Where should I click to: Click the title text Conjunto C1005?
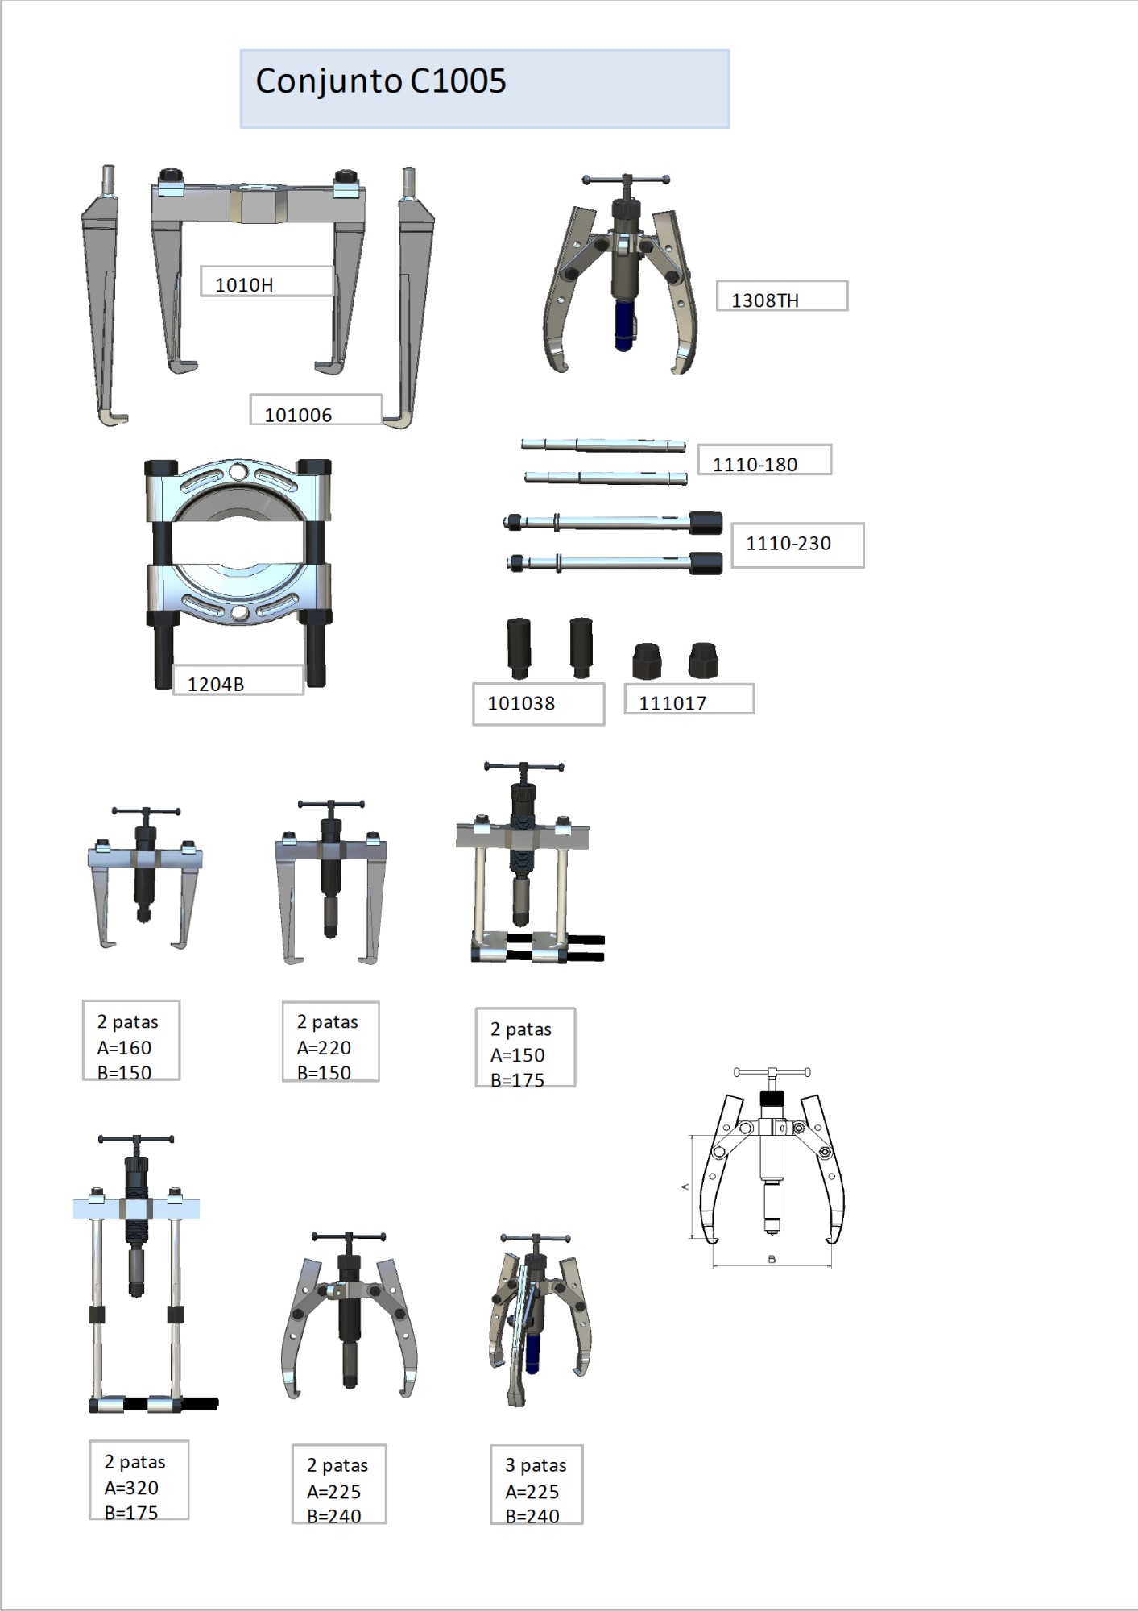[381, 81]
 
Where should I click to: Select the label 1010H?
[244, 284]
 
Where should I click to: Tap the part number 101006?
[298, 415]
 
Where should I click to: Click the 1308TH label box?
[782, 296]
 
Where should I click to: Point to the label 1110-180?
[755, 464]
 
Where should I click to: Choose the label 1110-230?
[788, 543]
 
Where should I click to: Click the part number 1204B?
[216, 684]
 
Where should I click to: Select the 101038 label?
[521, 703]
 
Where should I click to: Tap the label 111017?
[672, 703]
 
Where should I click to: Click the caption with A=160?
[131, 1041]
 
